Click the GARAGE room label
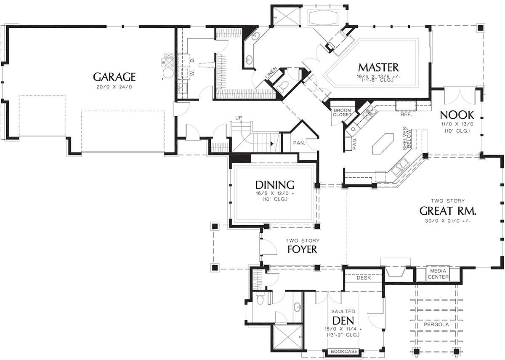pyautogui.click(x=114, y=77)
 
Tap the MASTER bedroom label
pyautogui.click(x=378, y=67)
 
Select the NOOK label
pyautogui.click(x=457, y=115)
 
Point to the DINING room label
pyautogui.click(x=274, y=185)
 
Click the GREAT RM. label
pyautogui.click(x=448, y=211)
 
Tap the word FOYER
pyautogui.click(x=302, y=249)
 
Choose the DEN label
pyautogui.click(x=343, y=320)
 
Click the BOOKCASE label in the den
pyautogui.click(x=344, y=352)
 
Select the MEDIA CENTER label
pyautogui.click(x=438, y=274)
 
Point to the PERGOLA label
pyautogui.click(x=436, y=324)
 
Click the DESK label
pyautogui.click(x=364, y=277)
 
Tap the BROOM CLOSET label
pyautogui.click(x=342, y=112)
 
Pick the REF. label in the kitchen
pyautogui.click(x=406, y=115)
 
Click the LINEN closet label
pyautogui.click(x=271, y=72)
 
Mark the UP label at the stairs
pyautogui.click(x=239, y=118)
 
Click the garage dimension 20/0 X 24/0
pyautogui.click(x=114, y=87)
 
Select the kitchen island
pyautogui.click(x=383, y=144)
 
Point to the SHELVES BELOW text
pyautogui.click(x=407, y=139)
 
